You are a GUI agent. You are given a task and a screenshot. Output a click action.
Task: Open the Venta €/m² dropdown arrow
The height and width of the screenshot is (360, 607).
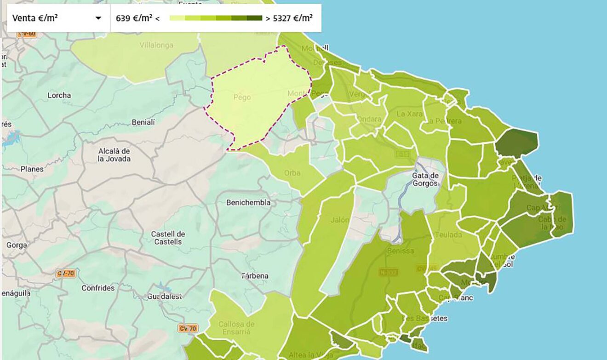click(x=98, y=18)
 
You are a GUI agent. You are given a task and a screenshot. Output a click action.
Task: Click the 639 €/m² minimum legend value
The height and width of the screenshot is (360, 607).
click(x=134, y=18)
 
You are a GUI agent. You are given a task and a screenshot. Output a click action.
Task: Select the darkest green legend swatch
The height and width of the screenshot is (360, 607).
click(x=254, y=18)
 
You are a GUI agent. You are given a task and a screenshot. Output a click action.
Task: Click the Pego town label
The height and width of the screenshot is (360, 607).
click(x=242, y=97)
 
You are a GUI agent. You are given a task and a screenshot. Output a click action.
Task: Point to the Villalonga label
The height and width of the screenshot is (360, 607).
click(x=156, y=45)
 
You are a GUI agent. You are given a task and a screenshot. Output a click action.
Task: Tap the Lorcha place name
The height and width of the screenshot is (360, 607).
click(x=59, y=95)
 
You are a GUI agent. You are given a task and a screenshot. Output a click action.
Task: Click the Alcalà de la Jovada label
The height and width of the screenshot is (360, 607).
click(x=115, y=155)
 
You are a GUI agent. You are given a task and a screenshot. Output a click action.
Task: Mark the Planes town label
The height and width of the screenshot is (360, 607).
click(x=32, y=169)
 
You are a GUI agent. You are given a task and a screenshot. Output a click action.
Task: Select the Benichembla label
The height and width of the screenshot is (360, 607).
click(x=248, y=202)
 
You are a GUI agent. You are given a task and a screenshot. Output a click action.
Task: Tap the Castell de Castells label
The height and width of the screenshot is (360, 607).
click(x=168, y=238)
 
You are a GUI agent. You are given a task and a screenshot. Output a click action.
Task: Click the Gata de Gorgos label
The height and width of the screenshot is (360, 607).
click(x=426, y=180)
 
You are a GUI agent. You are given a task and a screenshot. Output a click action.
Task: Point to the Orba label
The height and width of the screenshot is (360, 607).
click(x=292, y=173)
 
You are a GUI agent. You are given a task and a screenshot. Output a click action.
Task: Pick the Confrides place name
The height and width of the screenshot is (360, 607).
click(x=98, y=288)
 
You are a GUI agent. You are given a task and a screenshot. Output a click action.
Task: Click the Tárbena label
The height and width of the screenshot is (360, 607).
click(x=255, y=276)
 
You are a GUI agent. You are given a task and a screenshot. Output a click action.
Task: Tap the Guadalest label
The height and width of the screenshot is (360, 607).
click(x=165, y=297)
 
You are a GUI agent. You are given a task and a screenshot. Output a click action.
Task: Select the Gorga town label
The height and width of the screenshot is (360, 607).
click(x=17, y=245)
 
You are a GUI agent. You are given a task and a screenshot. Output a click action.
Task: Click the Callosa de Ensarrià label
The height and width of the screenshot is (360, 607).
click(x=236, y=327)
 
